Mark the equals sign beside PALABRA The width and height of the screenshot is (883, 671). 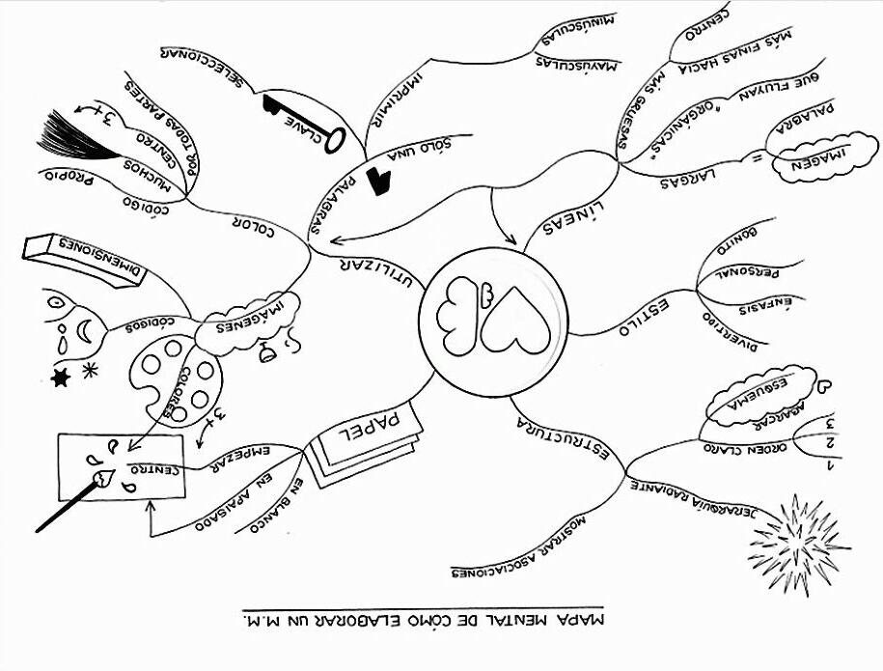(x=758, y=154)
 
